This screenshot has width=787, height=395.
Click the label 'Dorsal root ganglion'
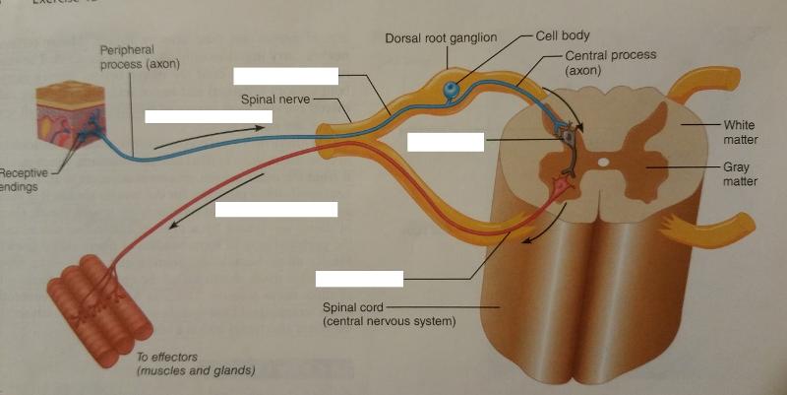(x=441, y=37)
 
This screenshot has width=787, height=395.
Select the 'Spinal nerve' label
(x=276, y=99)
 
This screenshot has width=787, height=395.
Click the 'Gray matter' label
(x=739, y=174)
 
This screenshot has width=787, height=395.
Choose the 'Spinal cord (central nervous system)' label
(x=389, y=313)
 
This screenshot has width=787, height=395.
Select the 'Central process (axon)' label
(x=610, y=62)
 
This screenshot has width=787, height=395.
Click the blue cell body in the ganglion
(x=450, y=91)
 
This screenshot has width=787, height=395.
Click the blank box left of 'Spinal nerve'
(x=285, y=76)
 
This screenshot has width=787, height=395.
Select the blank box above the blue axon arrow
(x=202, y=116)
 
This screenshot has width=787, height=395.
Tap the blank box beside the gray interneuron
(x=446, y=141)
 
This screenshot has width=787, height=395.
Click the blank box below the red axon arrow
(x=275, y=209)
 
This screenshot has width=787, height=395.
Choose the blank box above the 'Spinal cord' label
(x=359, y=277)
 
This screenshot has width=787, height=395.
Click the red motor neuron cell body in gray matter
(x=562, y=184)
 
